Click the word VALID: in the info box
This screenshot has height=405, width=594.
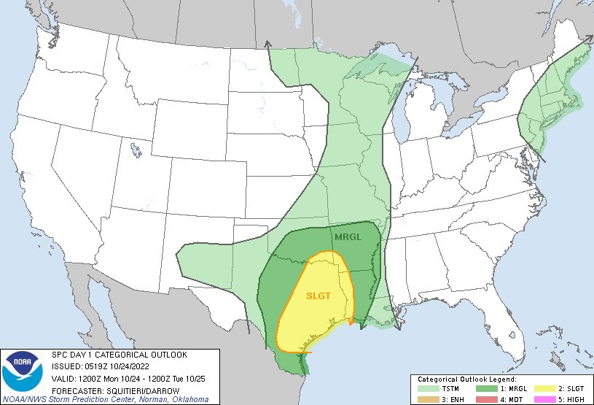(x=66, y=378)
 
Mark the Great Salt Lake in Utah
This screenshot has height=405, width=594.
(x=136, y=150)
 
